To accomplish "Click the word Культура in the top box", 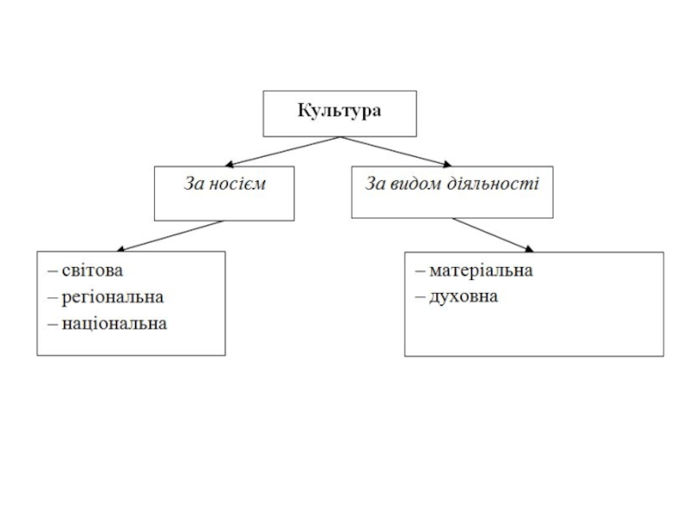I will (x=340, y=111).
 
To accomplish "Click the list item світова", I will (x=92, y=270).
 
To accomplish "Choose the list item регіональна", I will (x=113, y=297).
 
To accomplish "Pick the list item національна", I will (x=114, y=324).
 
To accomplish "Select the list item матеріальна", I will (x=482, y=270).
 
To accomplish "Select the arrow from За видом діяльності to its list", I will (x=494, y=235).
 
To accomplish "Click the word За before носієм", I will (x=193, y=184).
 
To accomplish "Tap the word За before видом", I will (x=375, y=184).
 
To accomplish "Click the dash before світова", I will (x=53, y=271).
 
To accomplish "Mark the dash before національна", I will (x=53, y=325).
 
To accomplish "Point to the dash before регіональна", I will (x=53, y=298).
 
